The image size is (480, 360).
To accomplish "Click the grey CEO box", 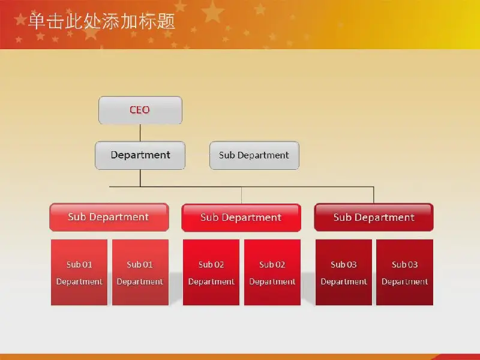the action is tap(140, 110).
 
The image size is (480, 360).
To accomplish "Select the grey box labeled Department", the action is tap(140, 155).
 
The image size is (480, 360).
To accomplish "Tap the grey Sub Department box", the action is tap(254, 155).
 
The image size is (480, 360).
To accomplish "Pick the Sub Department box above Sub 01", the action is tap(109, 217).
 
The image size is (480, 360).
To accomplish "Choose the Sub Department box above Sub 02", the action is tap(241, 218).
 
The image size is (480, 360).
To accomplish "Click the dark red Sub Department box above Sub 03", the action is tap(374, 217).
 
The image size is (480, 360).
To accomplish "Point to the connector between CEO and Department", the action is tap(140, 133).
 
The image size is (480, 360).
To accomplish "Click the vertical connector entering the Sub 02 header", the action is tap(242, 195).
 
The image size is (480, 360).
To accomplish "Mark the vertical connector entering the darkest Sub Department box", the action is tap(373, 195).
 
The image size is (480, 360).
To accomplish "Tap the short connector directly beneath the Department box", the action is tap(140, 178).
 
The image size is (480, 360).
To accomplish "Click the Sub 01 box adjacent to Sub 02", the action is tap(140, 272).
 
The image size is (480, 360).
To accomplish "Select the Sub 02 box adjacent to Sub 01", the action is tap(211, 272).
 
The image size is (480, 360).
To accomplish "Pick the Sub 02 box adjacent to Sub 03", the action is tap(272, 272).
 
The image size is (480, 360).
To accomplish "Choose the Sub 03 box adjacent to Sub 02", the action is tap(344, 272).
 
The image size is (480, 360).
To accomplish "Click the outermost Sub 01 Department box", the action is tap(79, 272).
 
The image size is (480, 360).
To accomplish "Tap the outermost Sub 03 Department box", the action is tap(404, 272).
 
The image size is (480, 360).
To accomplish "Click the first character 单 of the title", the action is tap(37, 22).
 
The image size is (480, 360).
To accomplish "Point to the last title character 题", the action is tap(166, 22).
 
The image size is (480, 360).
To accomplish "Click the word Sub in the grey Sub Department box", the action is tap(227, 155).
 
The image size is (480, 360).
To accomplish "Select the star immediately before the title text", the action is tap(21, 19).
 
